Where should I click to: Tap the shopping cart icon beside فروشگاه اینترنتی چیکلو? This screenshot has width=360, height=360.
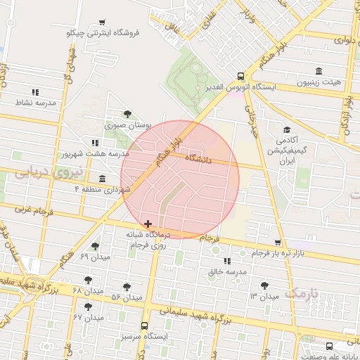coord(103,22)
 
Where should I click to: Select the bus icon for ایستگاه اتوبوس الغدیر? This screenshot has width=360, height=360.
coord(241,77)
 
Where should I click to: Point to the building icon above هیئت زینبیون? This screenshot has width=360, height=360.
coord(319,71)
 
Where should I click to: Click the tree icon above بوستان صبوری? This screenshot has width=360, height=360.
coord(127,114)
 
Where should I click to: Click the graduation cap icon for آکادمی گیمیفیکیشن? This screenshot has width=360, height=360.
coord(287,130)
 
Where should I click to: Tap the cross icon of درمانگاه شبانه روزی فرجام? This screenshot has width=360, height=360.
coord(147,223)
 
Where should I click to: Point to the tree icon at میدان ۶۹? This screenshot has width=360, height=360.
coord(95,246)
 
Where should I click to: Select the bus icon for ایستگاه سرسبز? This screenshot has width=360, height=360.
coord(144,326)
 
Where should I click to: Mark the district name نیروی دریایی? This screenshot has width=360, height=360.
coord(49,171)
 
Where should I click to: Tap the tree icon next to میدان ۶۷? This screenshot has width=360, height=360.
coord(88,307)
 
